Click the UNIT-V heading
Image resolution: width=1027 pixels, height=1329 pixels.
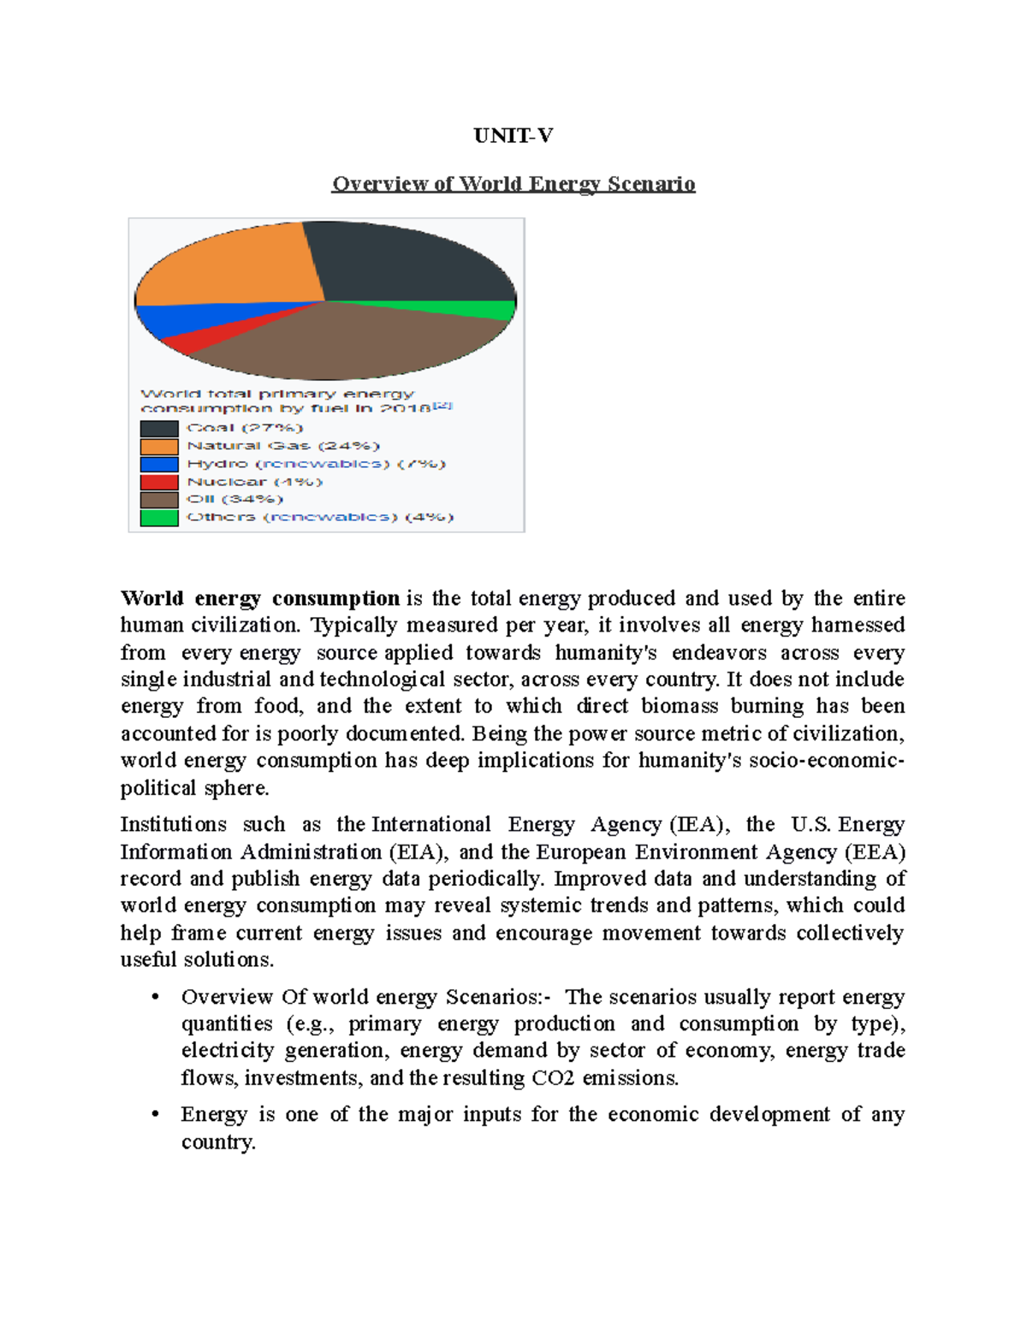coord(513,136)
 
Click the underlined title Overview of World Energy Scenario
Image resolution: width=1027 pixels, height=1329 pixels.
coord(513,184)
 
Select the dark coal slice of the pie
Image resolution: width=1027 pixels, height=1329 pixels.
coord(402,261)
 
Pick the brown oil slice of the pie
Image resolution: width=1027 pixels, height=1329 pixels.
coord(342,342)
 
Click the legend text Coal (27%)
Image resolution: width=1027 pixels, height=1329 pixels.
coord(245,428)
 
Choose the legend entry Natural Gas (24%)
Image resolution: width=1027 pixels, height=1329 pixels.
coord(282,446)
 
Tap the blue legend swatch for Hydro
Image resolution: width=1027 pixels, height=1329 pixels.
coord(159,464)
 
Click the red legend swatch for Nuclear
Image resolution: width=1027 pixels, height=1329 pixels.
coord(159,482)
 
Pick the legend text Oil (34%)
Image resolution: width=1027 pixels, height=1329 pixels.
coord(234,499)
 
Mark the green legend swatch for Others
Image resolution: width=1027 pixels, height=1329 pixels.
coord(159,518)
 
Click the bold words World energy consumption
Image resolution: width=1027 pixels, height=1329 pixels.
coord(259,598)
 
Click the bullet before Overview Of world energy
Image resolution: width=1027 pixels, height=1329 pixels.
coord(155,998)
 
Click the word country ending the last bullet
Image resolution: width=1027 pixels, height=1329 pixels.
coord(217,1142)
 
